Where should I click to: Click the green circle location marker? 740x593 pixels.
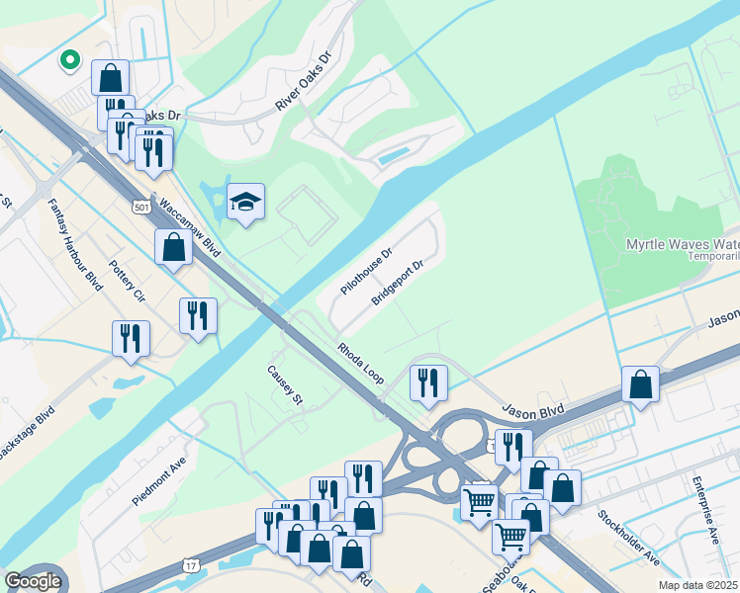coord(70,60)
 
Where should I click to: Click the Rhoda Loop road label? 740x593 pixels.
coord(360,364)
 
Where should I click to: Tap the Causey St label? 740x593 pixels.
coord(284,385)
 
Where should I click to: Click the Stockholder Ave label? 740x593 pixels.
coord(628,538)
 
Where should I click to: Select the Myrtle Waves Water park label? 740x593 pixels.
coord(683,245)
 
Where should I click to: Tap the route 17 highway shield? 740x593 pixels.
coord(190,563)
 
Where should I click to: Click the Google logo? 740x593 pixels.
coord(33,581)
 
